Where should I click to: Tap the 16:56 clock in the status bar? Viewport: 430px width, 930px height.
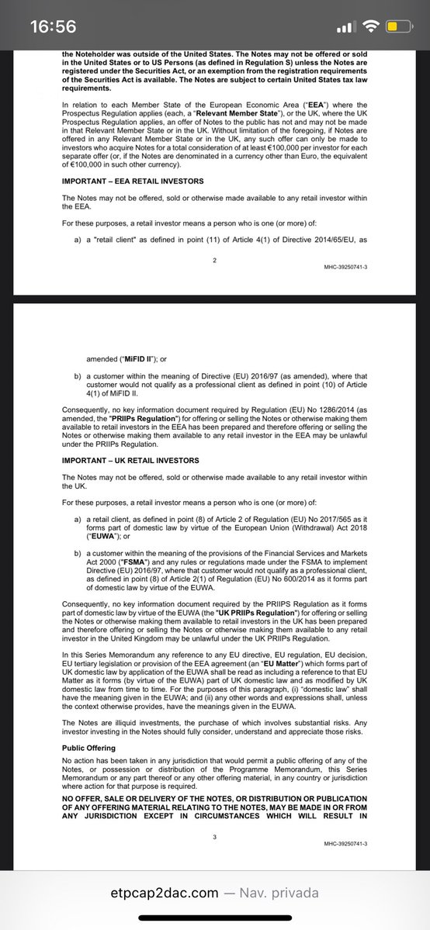point(53,26)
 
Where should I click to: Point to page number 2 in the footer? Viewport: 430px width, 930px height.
point(215,260)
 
